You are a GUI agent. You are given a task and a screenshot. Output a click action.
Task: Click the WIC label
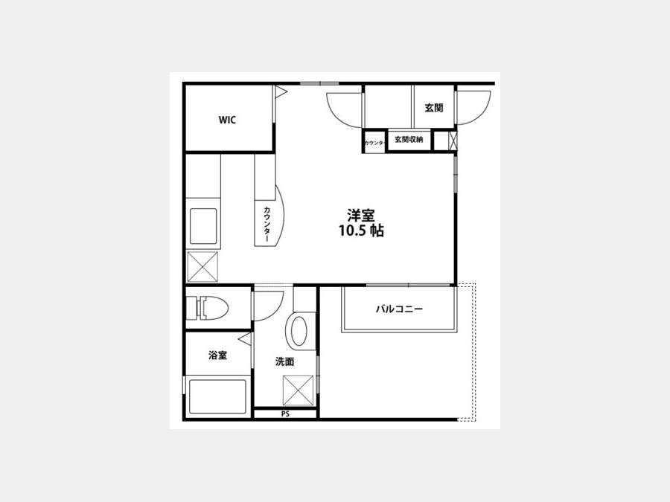227,120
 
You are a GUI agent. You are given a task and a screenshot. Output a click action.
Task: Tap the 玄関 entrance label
434,108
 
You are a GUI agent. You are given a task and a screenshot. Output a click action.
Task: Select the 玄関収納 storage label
409,140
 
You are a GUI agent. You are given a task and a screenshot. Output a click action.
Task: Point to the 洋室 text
360,215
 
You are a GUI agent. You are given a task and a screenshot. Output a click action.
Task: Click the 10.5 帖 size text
362,231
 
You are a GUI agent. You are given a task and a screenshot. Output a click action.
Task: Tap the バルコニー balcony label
400,309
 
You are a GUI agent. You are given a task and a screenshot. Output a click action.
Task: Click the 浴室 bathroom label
217,355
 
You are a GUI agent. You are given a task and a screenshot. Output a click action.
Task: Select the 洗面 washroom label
284,361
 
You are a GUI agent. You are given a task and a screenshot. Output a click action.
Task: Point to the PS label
285,413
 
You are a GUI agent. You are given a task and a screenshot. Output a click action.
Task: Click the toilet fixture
213,307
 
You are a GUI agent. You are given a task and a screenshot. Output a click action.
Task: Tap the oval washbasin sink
299,331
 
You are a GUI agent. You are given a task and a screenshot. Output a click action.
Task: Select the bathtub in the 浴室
217,396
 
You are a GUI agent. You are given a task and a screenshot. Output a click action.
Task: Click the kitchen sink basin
203,226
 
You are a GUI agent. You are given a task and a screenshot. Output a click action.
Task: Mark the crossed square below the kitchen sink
202,267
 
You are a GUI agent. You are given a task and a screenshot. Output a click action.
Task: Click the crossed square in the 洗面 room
298,390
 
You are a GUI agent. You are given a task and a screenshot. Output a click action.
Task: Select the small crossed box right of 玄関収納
453,141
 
